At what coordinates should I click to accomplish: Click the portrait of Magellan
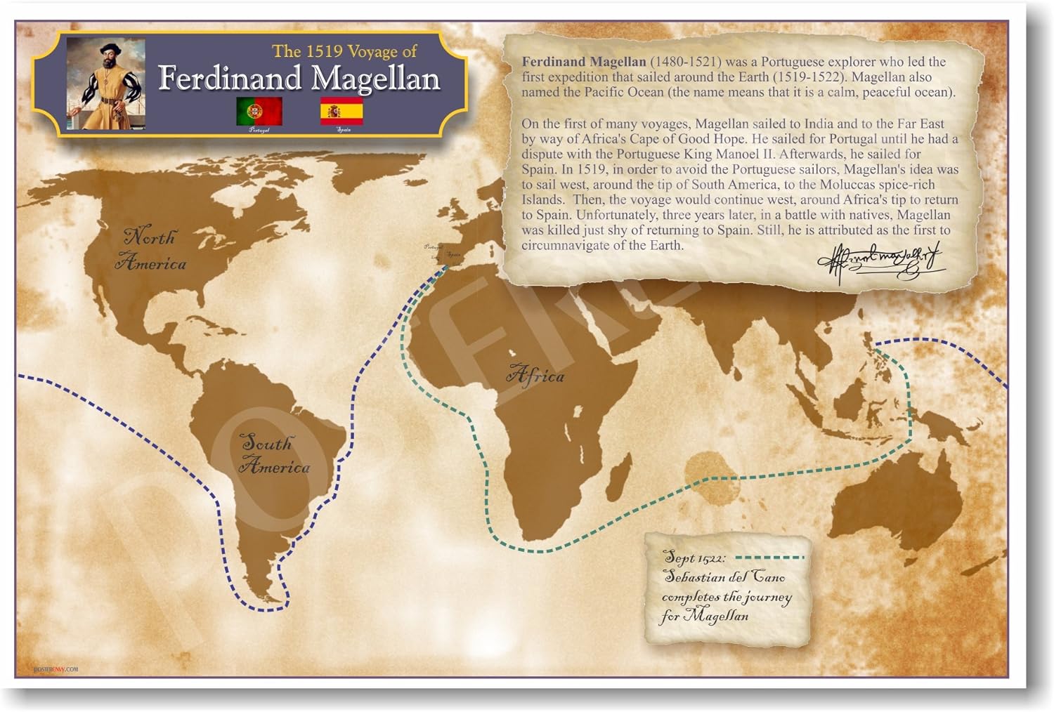tap(106, 84)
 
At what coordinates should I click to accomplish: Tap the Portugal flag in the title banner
tap(259, 111)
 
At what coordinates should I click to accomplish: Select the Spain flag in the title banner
tap(342, 111)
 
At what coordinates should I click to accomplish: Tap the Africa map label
tap(535, 375)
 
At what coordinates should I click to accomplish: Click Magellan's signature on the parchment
tap(878, 261)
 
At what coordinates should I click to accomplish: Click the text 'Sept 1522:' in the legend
tap(694, 558)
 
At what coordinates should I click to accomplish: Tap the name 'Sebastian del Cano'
tap(724, 577)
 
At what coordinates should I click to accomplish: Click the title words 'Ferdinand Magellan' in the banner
tap(299, 78)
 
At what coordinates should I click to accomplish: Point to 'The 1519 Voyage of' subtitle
tap(344, 51)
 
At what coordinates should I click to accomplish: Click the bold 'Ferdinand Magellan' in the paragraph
tap(583, 62)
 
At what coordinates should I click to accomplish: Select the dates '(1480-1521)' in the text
tap(685, 62)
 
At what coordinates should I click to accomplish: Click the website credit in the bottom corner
tap(56, 669)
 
